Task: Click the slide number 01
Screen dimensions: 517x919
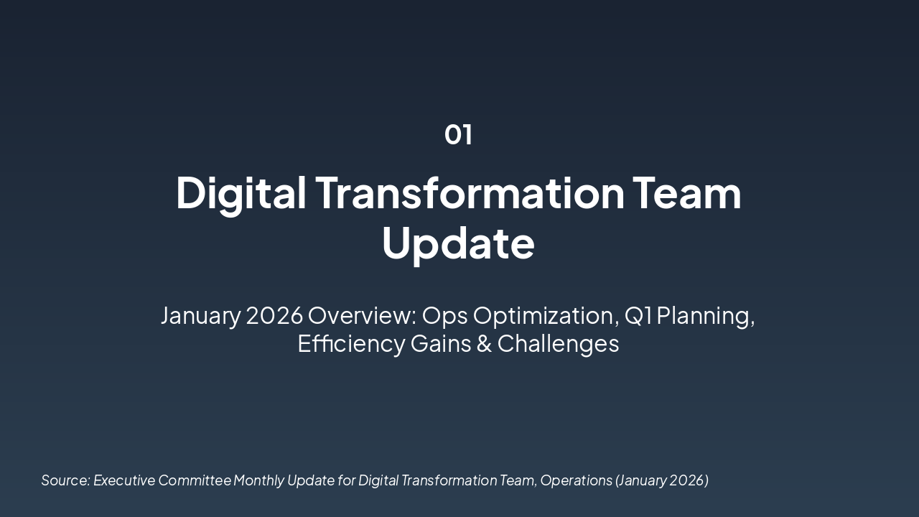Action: pyautogui.click(x=458, y=134)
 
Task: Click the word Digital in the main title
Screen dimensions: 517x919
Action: pyautogui.click(x=241, y=193)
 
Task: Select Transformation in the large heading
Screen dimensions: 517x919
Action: pyautogui.click(x=470, y=193)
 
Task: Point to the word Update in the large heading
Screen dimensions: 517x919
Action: pyautogui.click(x=458, y=243)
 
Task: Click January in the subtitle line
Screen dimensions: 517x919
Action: pyautogui.click(x=200, y=315)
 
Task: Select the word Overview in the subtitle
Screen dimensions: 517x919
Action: pyautogui.click(x=362, y=315)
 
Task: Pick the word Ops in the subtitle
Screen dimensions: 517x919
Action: pyautogui.click(x=444, y=315)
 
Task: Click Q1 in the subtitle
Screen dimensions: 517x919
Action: pyautogui.click(x=638, y=315)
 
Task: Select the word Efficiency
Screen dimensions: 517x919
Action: pyautogui.click(x=351, y=344)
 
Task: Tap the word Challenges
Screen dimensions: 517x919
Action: pyautogui.click(x=558, y=344)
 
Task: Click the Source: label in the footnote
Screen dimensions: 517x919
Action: pyautogui.click(x=65, y=480)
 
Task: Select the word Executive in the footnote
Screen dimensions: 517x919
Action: pyautogui.click(x=124, y=480)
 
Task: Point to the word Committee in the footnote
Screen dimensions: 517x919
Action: pyautogui.click(x=195, y=480)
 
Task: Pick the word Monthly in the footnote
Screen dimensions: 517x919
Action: pyautogui.click(x=258, y=480)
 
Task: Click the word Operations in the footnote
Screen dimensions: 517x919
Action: pyautogui.click(x=576, y=480)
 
